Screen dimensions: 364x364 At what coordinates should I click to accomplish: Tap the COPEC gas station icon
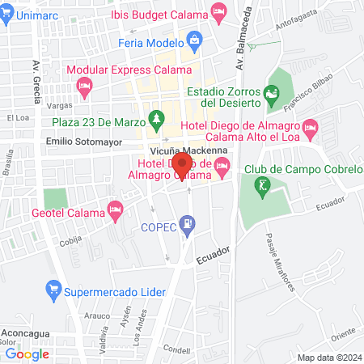point(188,222)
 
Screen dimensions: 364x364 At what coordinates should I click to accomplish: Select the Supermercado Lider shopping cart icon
point(53,286)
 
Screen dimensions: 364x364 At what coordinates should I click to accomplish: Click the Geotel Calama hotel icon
point(116,212)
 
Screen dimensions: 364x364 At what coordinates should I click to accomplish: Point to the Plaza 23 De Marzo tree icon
point(155,122)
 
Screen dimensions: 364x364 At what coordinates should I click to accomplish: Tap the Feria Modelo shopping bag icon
point(194,39)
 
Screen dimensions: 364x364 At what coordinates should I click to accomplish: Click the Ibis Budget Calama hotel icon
point(218,11)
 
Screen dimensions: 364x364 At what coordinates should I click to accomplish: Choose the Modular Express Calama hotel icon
point(83,85)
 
